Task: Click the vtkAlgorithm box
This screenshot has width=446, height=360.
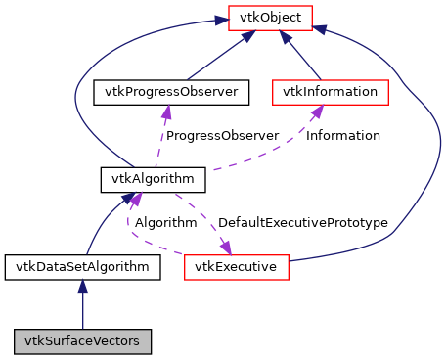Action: tap(153, 179)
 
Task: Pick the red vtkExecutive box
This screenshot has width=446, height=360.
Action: tap(235, 266)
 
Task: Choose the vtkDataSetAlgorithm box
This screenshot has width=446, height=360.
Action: tap(82, 266)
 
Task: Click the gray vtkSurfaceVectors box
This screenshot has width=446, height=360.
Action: tap(82, 341)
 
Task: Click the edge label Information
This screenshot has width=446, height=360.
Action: tap(343, 135)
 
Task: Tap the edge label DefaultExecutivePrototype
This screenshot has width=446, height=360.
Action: tap(302, 223)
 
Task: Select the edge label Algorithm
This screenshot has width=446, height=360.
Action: tap(165, 223)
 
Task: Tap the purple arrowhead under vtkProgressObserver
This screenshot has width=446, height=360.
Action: tap(167, 111)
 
